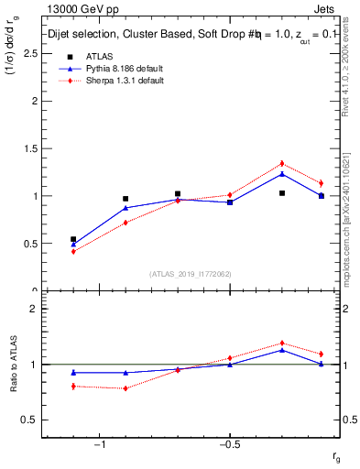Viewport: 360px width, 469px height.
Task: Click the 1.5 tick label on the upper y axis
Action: pos(31,148)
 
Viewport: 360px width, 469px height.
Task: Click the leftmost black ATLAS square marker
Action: pos(73,239)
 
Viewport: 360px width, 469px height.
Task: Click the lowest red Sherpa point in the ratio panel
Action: pos(125,388)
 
